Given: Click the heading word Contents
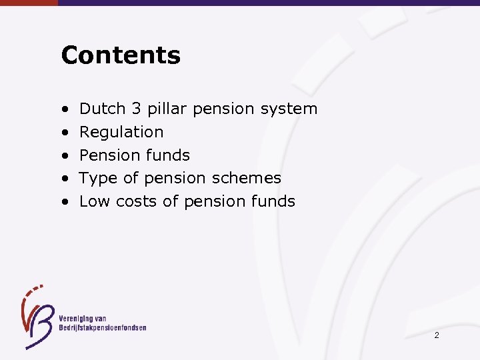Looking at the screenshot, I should tap(121, 55).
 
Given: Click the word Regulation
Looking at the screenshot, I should tap(121, 132).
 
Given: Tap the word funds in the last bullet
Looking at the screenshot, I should tap(272, 201).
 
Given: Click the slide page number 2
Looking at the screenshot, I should tap(437, 335).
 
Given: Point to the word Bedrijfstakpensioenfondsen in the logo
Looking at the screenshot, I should tap(102, 327).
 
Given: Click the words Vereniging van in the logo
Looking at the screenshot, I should tap(82, 318).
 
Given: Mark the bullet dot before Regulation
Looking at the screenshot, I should tap(66, 133).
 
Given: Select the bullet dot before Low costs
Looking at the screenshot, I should tap(66, 202).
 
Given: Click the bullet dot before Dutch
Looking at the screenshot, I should tap(66, 109).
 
